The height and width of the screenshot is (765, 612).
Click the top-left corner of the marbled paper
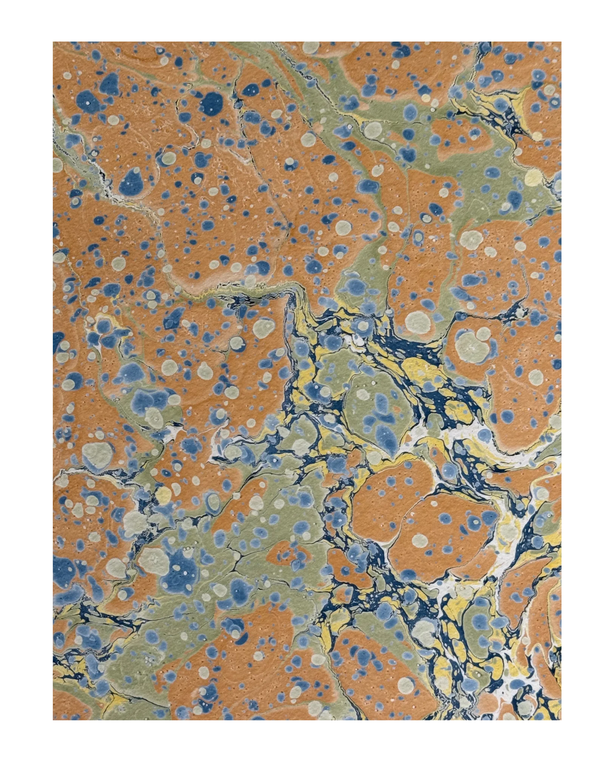click(x=52, y=40)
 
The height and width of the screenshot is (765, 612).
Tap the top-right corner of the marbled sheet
click(x=562, y=40)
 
